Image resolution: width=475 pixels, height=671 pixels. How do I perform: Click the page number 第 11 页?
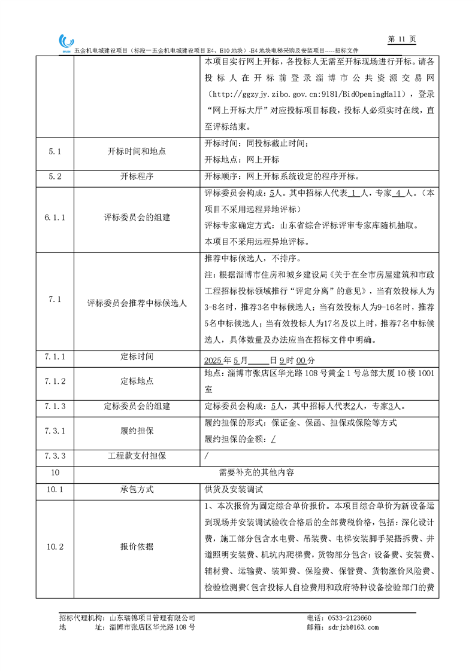(401, 39)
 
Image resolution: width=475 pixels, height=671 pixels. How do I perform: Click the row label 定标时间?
(137, 356)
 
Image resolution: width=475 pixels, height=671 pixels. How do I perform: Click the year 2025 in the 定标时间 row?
(213, 361)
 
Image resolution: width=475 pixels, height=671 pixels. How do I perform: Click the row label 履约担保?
(137, 430)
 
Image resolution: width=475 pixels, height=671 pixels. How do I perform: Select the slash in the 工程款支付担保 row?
(207, 456)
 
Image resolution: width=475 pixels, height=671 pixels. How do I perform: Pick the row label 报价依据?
(137, 547)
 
